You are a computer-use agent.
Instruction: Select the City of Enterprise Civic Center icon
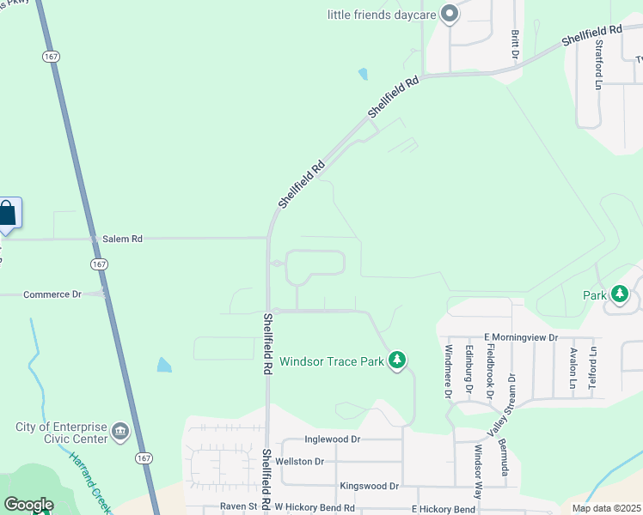119,432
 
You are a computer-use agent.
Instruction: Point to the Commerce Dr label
52,294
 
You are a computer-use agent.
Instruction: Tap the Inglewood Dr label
333,439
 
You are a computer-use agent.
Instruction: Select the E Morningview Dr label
521,337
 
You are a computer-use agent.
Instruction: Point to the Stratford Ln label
599,64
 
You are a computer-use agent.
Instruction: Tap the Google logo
28,505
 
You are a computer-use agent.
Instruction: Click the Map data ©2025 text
605,508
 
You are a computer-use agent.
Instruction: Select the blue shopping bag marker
7,213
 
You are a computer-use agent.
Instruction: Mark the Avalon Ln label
573,368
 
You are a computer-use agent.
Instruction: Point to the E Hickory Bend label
444,509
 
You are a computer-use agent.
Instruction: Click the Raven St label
237,507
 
